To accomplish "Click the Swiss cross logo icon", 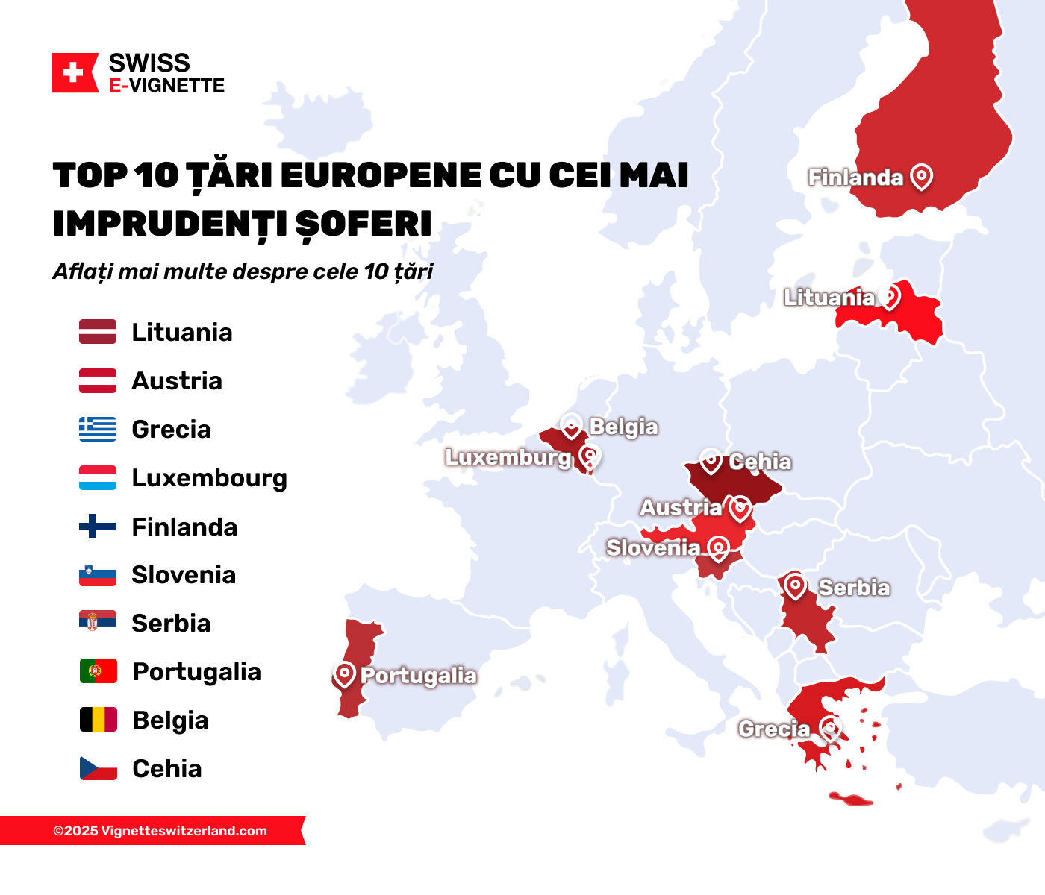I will (x=74, y=73).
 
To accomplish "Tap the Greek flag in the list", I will (x=98, y=430).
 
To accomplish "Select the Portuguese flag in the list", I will (x=99, y=671).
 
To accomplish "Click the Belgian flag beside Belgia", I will (x=99, y=720).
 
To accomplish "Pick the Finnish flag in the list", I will (x=98, y=527).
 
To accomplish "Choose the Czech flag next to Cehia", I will (x=99, y=768).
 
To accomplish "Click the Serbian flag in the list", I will (x=98, y=622).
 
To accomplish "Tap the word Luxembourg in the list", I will (x=209, y=478).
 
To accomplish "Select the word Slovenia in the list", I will (x=184, y=575).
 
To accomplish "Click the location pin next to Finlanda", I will (x=922, y=177).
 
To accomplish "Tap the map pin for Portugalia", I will (x=344, y=674).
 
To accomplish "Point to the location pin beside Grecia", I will (x=829, y=727).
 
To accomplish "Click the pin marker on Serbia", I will (x=795, y=586).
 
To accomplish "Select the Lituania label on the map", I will (x=829, y=298).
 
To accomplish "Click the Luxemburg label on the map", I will (x=508, y=457).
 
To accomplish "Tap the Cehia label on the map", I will (x=760, y=462).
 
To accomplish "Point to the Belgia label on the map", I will (x=623, y=427).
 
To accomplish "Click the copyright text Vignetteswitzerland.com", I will (x=160, y=831).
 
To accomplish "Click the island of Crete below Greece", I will (x=851, y=800).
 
